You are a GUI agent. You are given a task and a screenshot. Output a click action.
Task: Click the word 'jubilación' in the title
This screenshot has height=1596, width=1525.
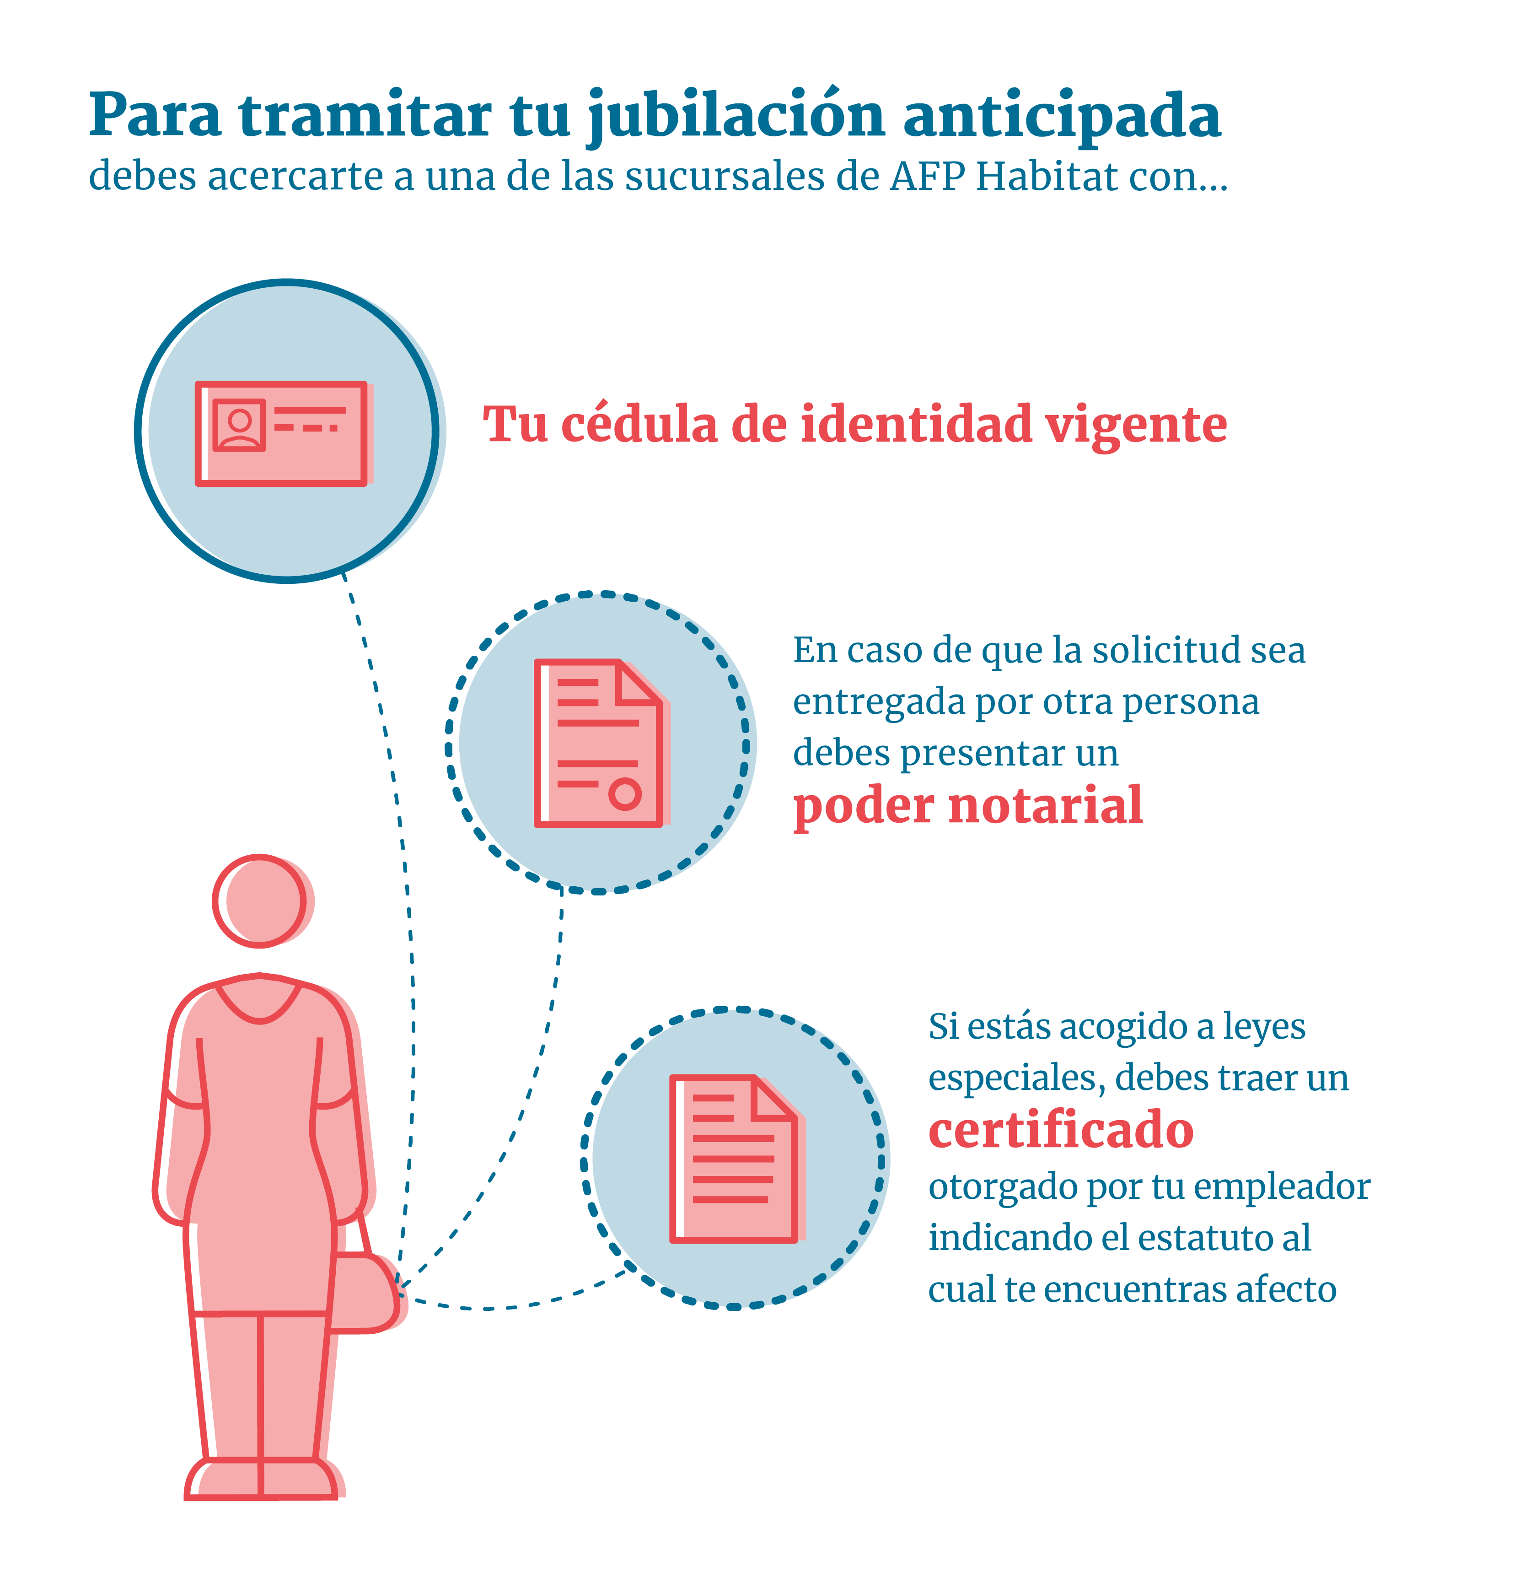click(x=736, y=116)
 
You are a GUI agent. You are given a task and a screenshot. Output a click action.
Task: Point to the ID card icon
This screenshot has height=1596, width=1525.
click(x=284, y=433)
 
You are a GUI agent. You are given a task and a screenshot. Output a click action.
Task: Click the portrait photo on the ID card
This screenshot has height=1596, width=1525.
click(x=239, y=425)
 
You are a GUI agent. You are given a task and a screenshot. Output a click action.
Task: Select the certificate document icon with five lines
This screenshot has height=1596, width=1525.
click(x=736, y=1159)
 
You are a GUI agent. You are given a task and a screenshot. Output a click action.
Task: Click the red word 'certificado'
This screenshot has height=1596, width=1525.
click(x=1061, y=1130)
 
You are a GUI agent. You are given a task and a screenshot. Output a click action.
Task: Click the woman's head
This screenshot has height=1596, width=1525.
click(x=260, y=901)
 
